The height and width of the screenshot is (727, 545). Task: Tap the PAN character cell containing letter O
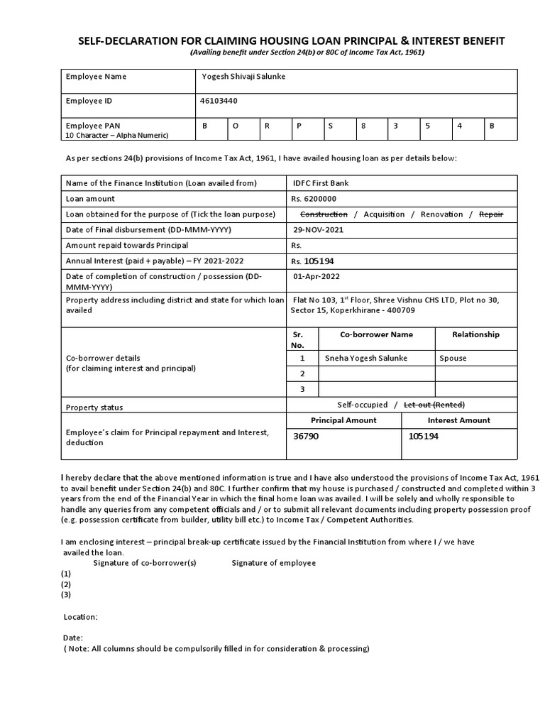(236, 125)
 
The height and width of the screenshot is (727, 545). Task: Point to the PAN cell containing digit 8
(363, 125)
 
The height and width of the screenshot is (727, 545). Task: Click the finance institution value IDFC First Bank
(321, 183)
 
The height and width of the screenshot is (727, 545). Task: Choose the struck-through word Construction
(324, 214)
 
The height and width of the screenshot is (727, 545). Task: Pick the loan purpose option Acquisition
(384, 214)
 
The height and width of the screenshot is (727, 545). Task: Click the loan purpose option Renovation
(441, 214)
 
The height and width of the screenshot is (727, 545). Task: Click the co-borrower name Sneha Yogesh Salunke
(366, 359)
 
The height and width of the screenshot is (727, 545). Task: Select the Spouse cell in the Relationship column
(453, 359)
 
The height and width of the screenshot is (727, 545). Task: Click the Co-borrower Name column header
(376, 334)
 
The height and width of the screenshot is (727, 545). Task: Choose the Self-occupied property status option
(363, 405)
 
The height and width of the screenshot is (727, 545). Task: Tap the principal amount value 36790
(306, 436)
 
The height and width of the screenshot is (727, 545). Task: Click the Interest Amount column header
(459, 420)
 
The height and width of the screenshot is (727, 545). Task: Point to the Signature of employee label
(273, 563)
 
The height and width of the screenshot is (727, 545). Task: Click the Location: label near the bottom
(81, 617)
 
